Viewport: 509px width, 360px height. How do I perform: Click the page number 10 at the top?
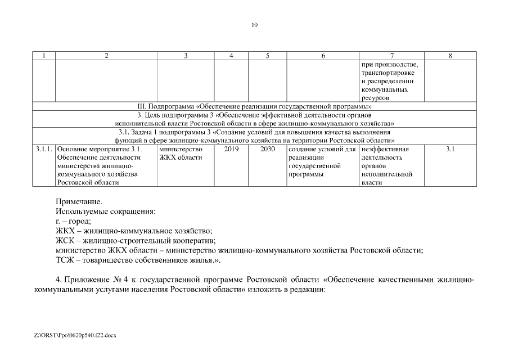pos(254,25)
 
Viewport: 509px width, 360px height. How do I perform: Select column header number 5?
pos(267,56)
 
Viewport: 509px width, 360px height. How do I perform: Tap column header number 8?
pos(451,56)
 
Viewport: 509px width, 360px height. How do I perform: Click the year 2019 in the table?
pos(231,149)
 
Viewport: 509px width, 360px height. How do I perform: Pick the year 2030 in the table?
pos(268,149)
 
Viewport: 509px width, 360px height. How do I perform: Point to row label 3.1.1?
pos(44,149)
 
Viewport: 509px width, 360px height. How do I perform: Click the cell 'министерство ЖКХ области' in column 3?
pos(181,153)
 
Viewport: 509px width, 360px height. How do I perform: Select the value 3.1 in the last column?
pos(451,149)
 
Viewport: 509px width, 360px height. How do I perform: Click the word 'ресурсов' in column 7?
pos(376,98)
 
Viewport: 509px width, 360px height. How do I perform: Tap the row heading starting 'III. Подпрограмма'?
pos(254,106)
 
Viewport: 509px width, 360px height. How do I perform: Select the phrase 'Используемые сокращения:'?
pos(105,211)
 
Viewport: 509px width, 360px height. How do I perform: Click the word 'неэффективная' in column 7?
pos(385,149)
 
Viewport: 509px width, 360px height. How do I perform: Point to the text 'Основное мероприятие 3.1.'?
pos(100,149)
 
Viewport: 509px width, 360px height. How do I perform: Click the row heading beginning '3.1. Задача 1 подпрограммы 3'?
pos(254,132)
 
